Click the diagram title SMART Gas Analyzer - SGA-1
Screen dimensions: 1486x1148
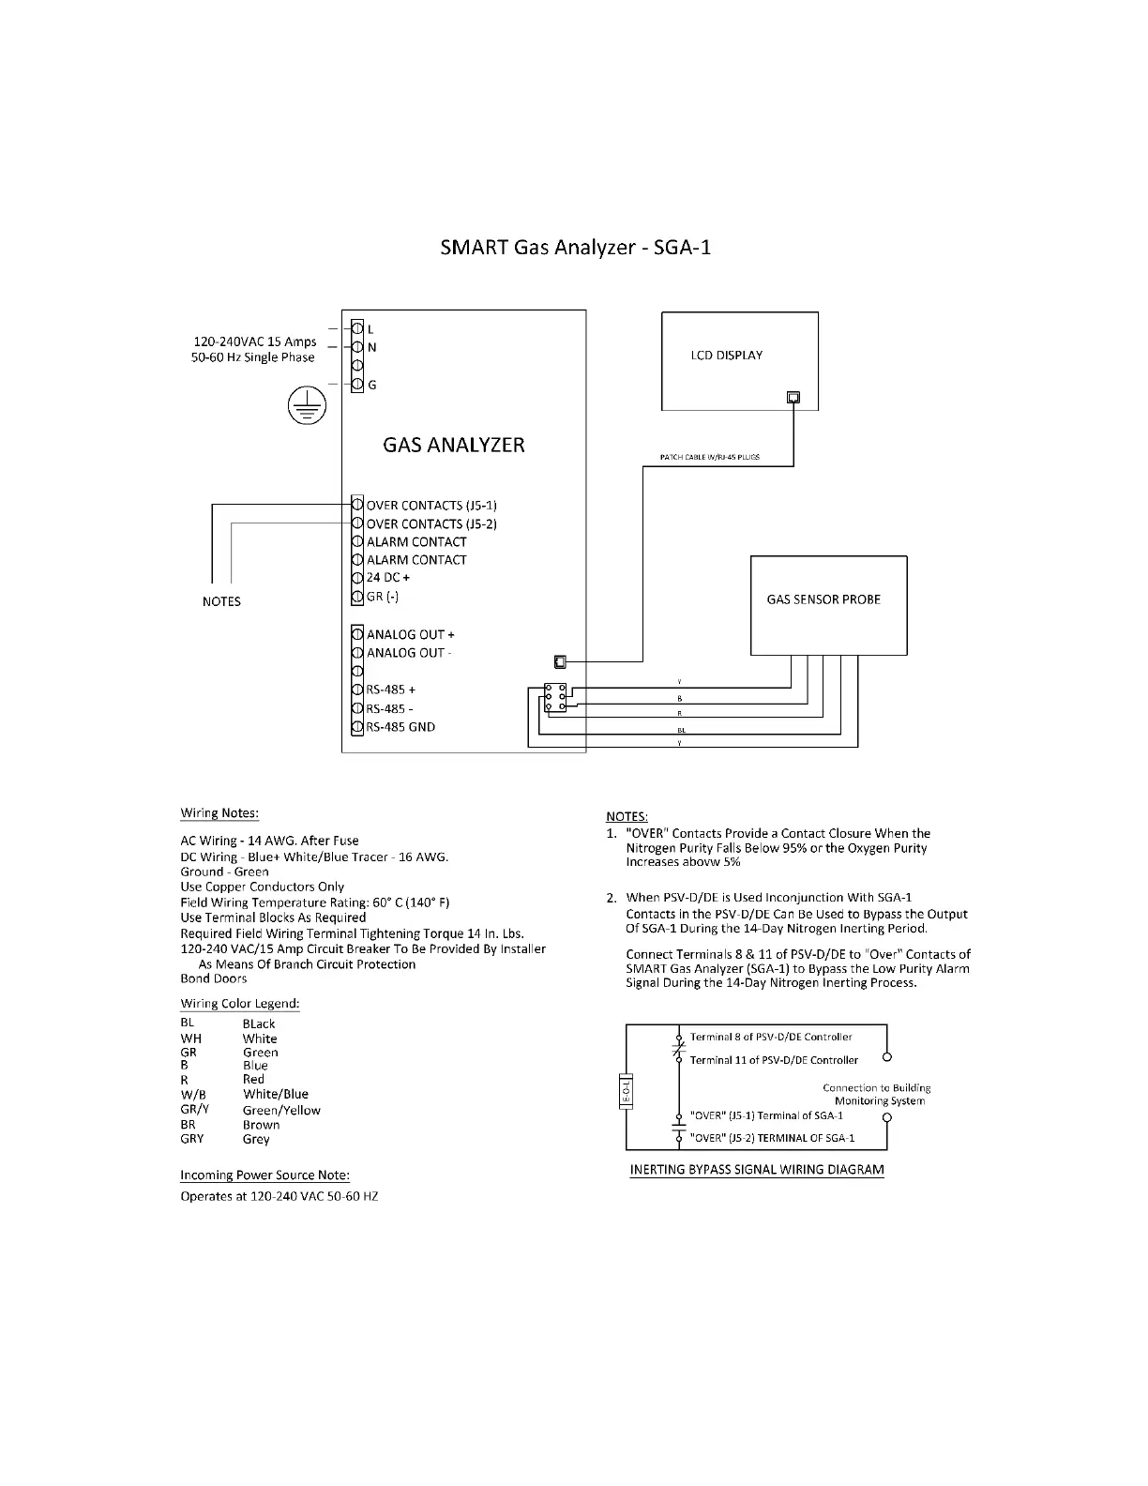575,248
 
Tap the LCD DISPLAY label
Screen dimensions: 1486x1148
726,356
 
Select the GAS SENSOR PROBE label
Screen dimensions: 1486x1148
823,599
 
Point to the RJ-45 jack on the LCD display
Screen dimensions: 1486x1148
793,397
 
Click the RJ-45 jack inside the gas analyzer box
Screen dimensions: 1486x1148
560,661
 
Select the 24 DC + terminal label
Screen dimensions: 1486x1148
387,578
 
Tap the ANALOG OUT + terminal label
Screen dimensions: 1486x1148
410,635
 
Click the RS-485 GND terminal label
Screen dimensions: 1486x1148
400,727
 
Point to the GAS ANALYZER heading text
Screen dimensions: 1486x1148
454,445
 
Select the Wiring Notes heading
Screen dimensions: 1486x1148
219,813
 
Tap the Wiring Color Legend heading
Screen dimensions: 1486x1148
240,1004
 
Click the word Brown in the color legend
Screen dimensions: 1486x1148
261,1125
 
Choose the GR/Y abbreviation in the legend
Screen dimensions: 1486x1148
194,1110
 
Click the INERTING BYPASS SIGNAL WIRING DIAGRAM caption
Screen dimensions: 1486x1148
757,1170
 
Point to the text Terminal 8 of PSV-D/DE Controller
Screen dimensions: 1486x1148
771,1038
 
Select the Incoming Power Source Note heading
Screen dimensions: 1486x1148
264,1175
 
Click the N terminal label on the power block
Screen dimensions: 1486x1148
372,348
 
